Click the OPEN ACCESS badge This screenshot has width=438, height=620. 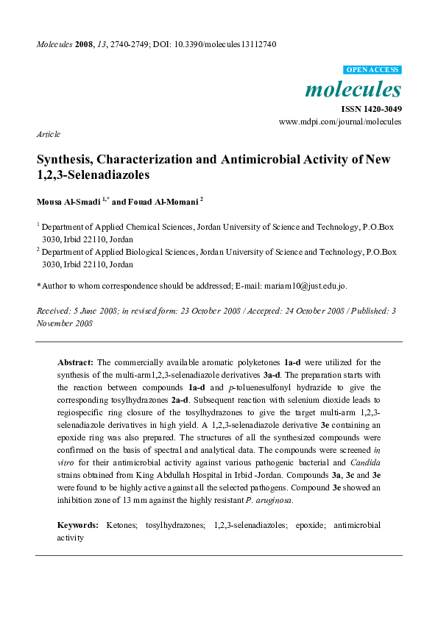[x=372, y=69]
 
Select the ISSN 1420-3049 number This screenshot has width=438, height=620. [x=371, y=109]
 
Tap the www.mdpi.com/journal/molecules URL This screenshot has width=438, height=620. [x=340, y=121]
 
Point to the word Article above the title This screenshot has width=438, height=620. [x=48, y=135]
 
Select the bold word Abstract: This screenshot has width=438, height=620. [x=75, y=363]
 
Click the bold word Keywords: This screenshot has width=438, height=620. [x=78, y=525]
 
